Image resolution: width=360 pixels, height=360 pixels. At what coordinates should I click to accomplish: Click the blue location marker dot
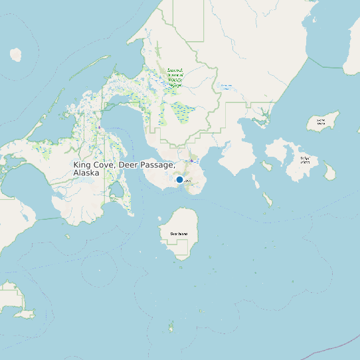click(x=179, y=179)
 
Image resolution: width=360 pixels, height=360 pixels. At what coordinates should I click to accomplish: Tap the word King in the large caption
click(x=82, y=164)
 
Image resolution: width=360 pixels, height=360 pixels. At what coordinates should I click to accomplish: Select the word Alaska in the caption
click(x=86, y=173)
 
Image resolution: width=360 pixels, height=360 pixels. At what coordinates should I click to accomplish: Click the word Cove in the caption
click(x=104, y=164)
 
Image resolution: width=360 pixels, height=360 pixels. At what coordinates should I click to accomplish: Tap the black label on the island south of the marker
click(x=179, y=234)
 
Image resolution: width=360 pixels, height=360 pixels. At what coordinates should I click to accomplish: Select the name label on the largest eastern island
click(x=305, y=159)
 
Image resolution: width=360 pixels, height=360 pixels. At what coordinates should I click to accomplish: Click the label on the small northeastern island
click(x=321, y=122)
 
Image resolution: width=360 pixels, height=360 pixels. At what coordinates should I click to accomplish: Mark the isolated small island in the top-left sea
click(x=15, y=54)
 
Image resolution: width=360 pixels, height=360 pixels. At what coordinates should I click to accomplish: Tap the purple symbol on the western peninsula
click(x=98, y=127)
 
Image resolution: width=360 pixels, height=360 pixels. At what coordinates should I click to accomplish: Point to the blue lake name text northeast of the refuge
click(x=226, y=86)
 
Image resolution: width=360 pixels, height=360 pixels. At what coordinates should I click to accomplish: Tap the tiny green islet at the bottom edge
click(x=171, y=327)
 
